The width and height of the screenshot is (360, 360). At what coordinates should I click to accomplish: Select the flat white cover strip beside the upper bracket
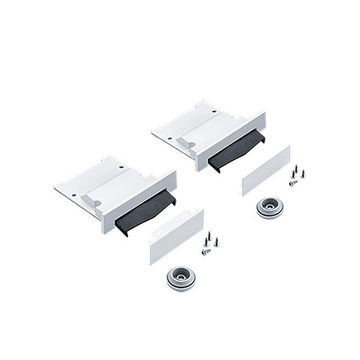coord(266,171)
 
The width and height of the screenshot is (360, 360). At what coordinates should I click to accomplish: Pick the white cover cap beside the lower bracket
coord(176,235)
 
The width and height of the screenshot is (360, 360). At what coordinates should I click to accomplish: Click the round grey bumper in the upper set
coord(269,207)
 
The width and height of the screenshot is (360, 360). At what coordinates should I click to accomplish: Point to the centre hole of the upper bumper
coord(269,205)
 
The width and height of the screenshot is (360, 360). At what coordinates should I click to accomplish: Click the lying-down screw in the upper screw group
coord(293,183)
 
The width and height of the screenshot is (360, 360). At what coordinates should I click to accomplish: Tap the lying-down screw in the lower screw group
coord(206,251)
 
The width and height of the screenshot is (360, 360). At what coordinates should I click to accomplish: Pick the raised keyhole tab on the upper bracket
coord(183,142)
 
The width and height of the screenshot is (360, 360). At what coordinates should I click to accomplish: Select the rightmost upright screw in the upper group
coord(302,174)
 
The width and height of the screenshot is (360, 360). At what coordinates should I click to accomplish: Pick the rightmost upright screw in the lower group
coord(215,242)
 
